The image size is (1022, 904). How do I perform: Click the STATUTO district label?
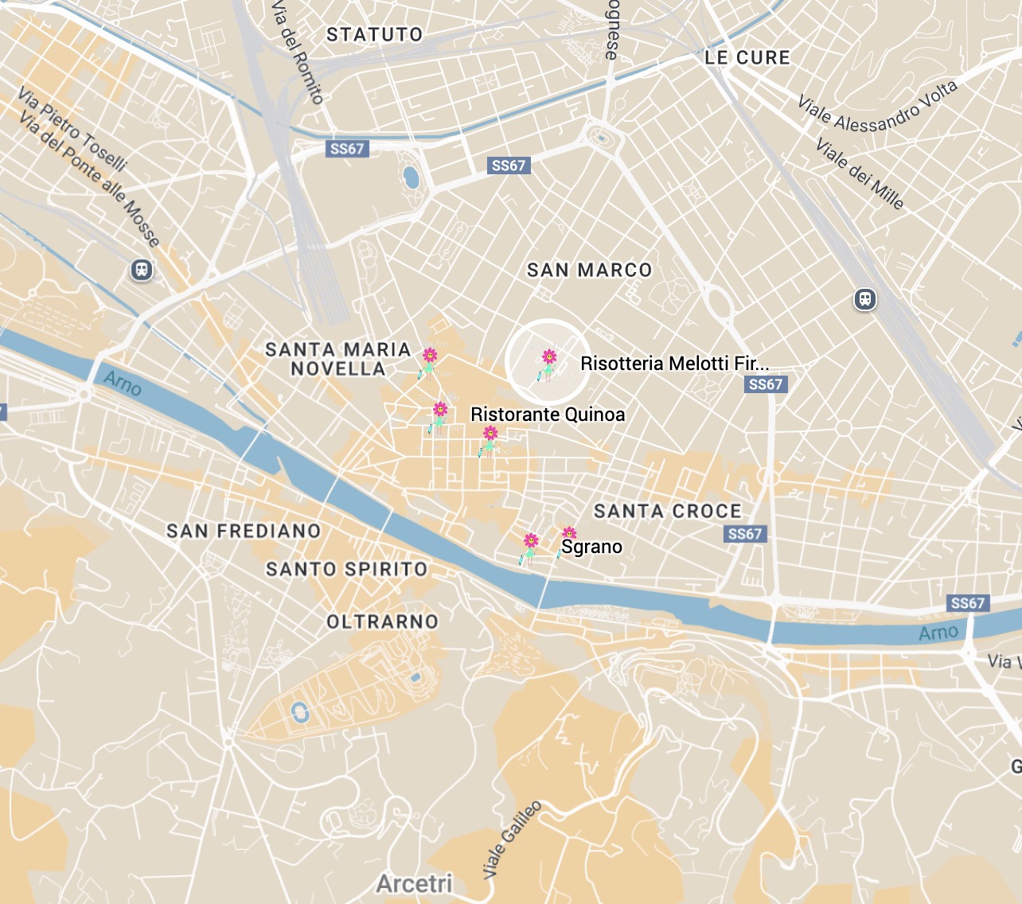374,35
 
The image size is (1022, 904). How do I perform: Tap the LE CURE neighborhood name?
747,58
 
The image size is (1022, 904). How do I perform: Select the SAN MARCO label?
589,271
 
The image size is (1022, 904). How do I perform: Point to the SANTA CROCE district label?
667,512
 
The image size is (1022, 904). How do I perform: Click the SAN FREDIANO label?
244,531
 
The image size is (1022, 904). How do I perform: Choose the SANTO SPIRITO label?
346,570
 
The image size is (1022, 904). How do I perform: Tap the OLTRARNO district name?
382,621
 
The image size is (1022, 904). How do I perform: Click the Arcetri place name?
414,883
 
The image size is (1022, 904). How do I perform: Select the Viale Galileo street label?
512,840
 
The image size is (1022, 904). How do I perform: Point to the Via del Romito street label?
298,53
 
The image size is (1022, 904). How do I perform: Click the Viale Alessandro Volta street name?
877,107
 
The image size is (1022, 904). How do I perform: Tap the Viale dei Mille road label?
860,173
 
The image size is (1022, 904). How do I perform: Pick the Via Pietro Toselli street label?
72,130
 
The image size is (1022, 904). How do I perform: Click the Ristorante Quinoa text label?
548,415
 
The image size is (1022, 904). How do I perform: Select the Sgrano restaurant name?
592,547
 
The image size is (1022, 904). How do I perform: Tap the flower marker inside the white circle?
548,363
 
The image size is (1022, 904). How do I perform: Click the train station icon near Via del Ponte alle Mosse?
142,271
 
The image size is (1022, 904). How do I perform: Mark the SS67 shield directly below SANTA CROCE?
745,534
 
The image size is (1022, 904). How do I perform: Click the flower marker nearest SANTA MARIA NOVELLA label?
429,360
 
